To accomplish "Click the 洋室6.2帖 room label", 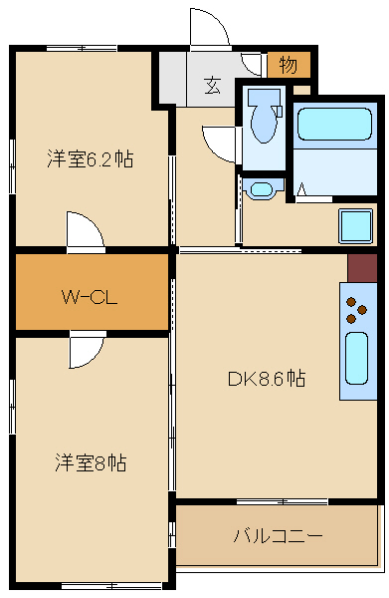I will point(91,158).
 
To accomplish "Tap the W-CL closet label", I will point(91,296).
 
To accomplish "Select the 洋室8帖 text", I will point(91,462).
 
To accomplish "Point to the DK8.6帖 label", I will point(266,379).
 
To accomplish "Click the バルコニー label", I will point(278,535).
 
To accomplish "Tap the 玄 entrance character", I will point(213,85).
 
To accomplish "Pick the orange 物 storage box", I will point(289,66).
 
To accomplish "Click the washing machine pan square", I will point(355,226).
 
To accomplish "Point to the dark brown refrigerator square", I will point(362,267).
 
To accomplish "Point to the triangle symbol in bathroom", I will point(300,189).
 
